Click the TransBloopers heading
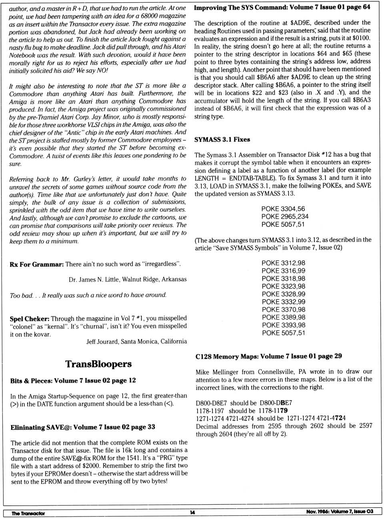98,364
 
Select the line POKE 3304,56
283,209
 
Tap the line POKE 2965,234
285,216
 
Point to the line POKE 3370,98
283,309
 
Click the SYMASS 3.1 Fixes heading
222,140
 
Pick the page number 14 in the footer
192,513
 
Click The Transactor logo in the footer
28,513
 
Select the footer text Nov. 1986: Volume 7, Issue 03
340,512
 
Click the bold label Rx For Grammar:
36,264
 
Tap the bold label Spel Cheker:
29,319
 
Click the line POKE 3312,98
283,263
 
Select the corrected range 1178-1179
273,411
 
